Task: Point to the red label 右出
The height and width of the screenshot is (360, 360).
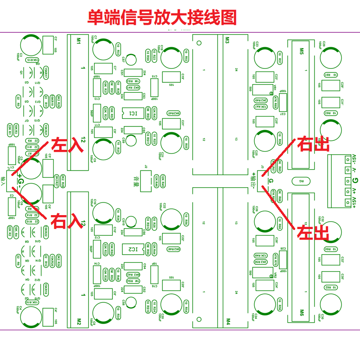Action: [313, 144]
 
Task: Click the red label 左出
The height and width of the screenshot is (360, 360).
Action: [313, 233]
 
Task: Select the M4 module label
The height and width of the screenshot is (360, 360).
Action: [227, 321]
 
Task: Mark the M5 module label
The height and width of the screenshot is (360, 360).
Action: [301, 49]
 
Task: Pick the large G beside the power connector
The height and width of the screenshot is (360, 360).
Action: [355, 180]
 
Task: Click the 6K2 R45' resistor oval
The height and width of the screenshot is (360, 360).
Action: [174, 113]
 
